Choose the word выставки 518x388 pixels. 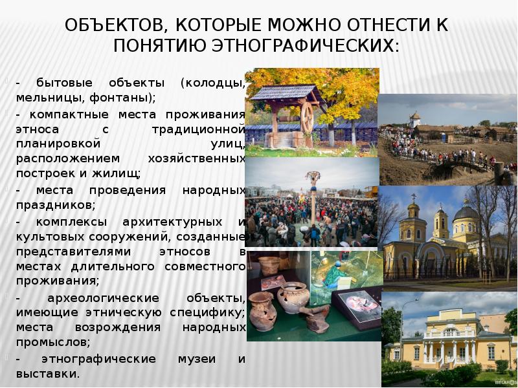point(48,374)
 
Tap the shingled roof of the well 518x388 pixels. point(286,92)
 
